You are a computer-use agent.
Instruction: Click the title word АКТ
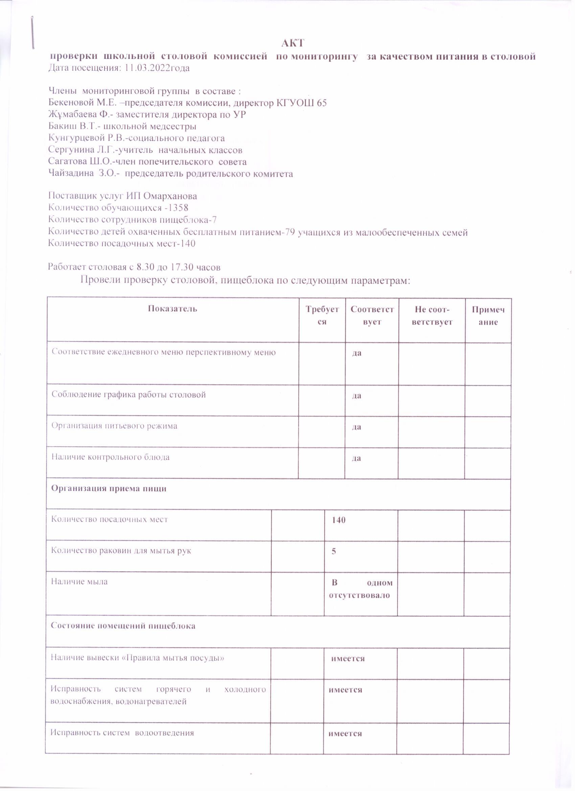pos(293,43)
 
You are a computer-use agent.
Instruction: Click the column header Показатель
pos(172,309)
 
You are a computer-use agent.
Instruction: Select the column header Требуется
pos(322,315)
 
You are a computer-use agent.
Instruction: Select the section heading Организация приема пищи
pos(109,489)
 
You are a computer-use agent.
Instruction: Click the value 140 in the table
pos(338,520)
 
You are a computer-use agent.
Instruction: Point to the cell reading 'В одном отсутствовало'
pos(361,589)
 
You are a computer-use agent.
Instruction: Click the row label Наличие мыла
pos(79,582)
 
